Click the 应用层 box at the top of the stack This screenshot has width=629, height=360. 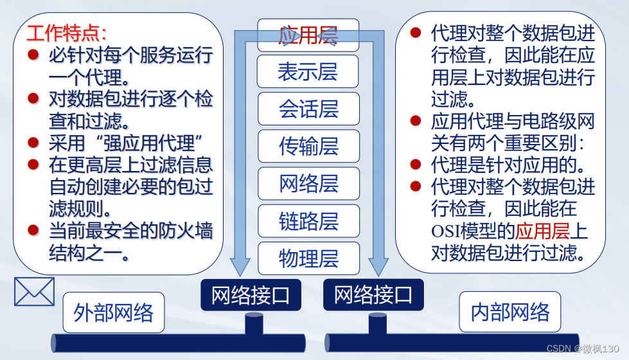tap(308, 35)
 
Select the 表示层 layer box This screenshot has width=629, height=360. tap(308, 71)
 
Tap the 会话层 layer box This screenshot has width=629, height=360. tap(308, 109)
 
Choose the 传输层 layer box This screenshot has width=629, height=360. tap(308, 146)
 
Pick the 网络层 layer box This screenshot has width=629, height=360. tap(308, 184)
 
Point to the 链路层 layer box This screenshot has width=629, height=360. tap(308, 221)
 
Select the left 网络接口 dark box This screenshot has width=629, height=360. tap(251, 295)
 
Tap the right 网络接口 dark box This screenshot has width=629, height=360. tap(373, 295)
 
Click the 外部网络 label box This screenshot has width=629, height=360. tap(114, 312)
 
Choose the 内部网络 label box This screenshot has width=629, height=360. tap(510, 312)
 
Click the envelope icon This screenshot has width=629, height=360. tap(34, 291)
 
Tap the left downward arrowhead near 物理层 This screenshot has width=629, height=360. tap(240, 265)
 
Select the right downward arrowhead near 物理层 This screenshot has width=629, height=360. tap(378, 265)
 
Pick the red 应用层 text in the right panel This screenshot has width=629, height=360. tap(543, 230)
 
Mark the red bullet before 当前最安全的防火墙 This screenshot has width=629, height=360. tap(33, 230)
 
